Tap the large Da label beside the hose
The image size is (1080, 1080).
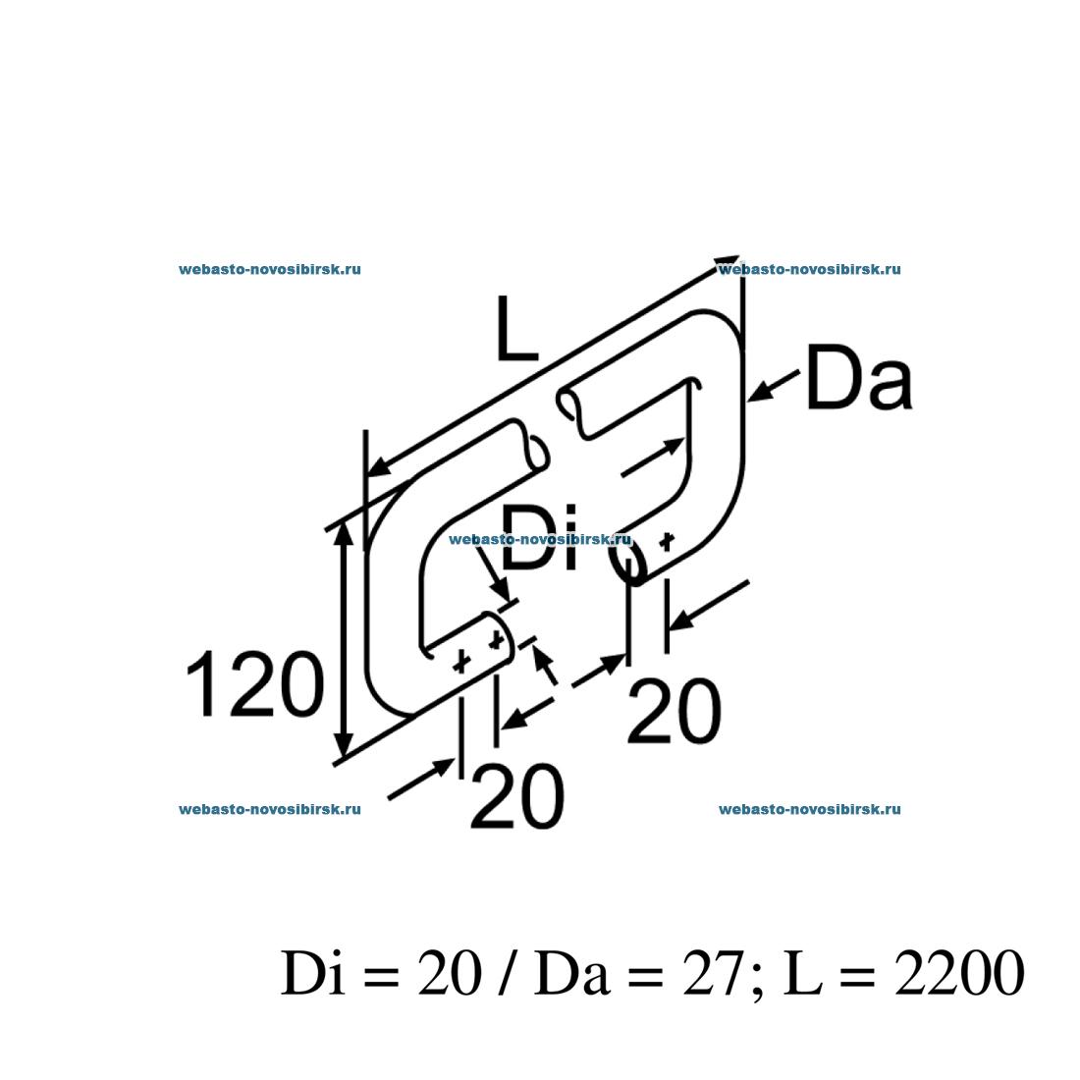click(x=857, y=378)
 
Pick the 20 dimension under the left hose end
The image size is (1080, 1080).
click(x=517, y=796)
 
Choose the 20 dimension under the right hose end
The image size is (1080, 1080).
click(x=674, y=712)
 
